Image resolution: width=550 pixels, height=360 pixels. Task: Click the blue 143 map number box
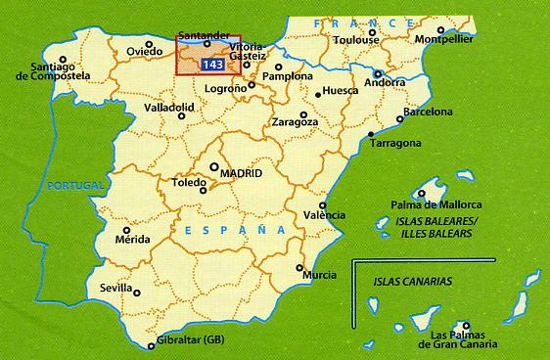click(x=211, y=65)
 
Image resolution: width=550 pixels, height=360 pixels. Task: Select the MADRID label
click(x=242, y=172)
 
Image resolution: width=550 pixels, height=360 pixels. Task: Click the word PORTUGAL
click(x=75, y=185)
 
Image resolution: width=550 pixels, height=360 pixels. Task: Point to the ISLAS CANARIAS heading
click(x=412, y=281)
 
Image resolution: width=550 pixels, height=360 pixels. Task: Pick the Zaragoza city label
click(x=295, y=122)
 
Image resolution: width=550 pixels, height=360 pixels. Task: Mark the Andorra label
click(x=383, y=82)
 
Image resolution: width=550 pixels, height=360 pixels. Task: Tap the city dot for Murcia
click(x=299, y=265)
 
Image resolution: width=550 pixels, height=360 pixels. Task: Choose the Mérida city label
click(x=132, y=238)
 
